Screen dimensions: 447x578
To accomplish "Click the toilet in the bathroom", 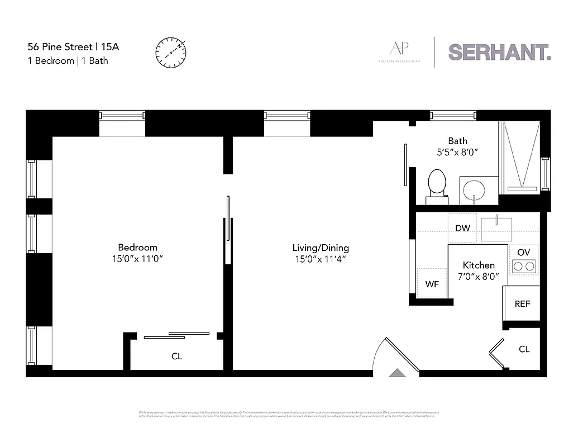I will (x=437, y=186).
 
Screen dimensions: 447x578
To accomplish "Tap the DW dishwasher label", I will (x=462, y=228).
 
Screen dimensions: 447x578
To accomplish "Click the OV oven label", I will (x=523, y=253).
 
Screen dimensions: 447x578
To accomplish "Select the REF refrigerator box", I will (x=522, y=304).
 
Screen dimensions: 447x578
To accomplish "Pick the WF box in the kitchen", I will (x=432, y=284).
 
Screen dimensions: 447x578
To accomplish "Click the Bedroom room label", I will (x=137, y=248).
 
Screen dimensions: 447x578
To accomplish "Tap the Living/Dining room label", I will (x=321, y=248).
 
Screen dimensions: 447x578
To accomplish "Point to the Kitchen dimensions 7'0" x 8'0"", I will (x=479, y=276).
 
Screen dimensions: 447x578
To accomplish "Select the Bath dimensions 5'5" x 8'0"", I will (x=457, y=151).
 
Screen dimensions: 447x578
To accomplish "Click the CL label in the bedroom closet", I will (x=176, y=356).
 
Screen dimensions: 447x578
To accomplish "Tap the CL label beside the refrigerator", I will (x=524, y=349).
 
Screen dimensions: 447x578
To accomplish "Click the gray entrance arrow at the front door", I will (x=397, y=373).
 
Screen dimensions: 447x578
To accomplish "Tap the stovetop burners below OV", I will (x=524, y=267).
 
